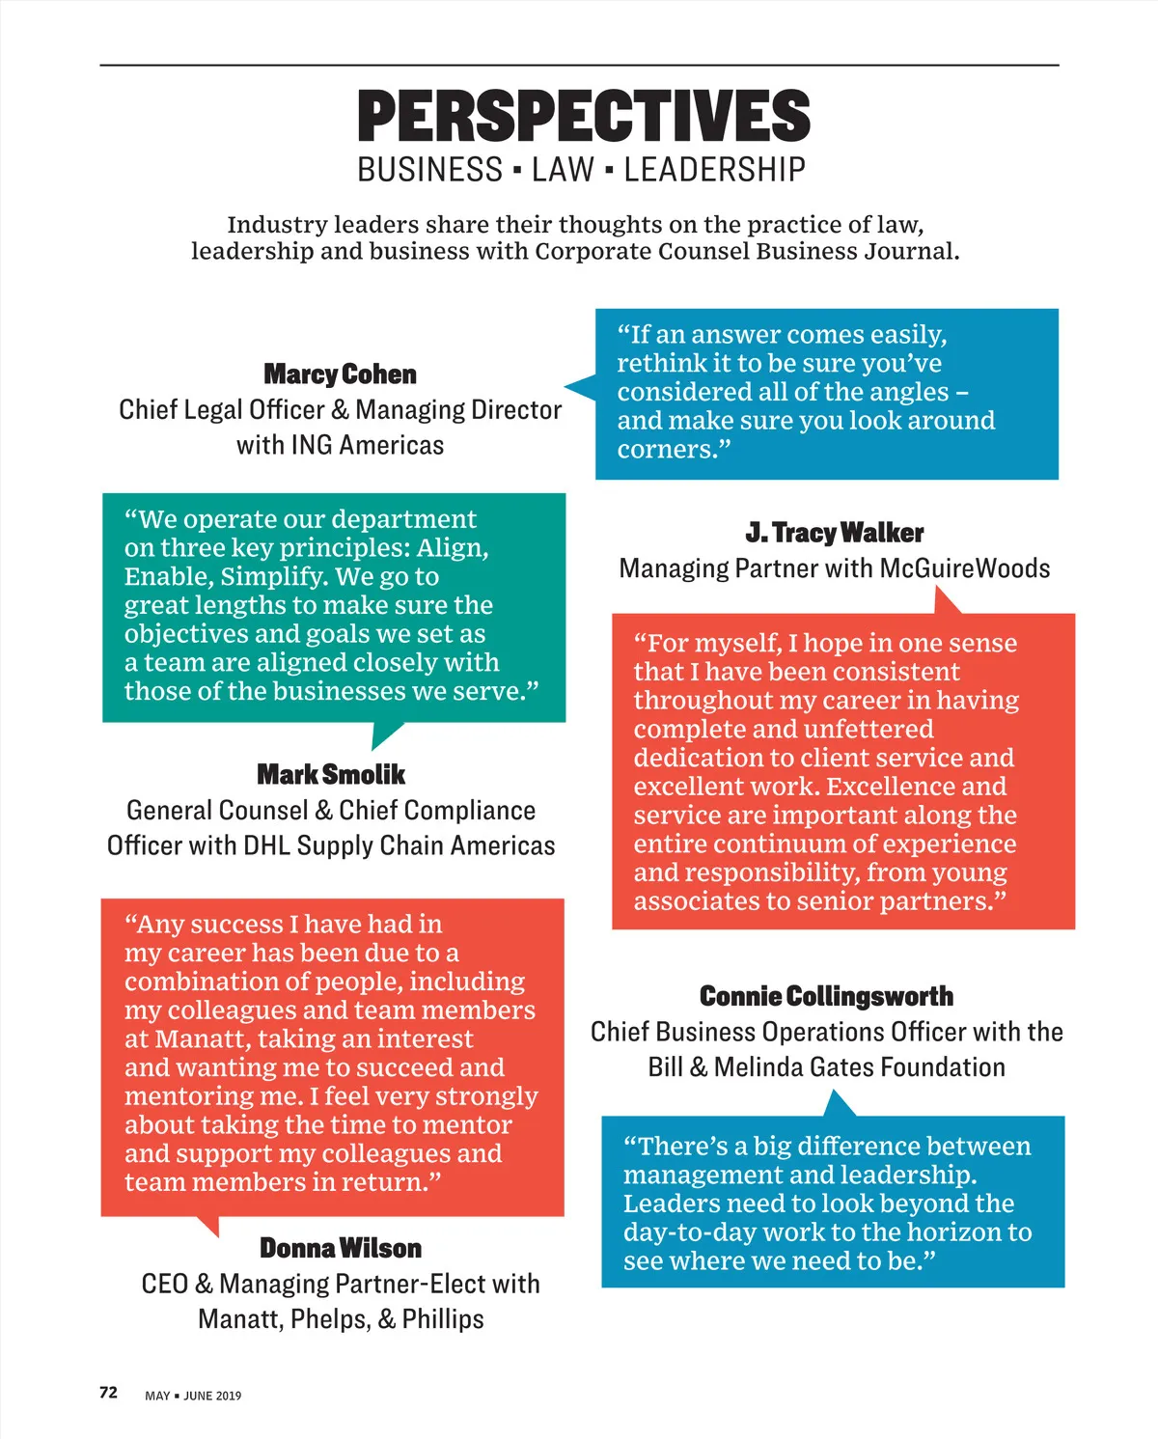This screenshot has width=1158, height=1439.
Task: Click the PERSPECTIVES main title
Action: point(583,117)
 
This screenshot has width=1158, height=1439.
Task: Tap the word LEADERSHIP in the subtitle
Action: point(714,171)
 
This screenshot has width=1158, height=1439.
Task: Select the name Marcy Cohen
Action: point(340,374)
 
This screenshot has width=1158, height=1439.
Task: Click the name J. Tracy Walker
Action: point(834,533)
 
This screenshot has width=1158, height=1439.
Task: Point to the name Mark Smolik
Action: point(331,775)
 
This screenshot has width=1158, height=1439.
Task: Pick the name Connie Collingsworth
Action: point(826,996)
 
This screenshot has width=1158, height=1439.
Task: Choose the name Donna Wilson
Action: point(341,1249)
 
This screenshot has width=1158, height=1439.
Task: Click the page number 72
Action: point(108,1393)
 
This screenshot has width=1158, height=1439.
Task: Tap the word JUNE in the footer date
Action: point(198,1396)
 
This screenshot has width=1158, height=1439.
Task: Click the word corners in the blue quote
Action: point(666,450)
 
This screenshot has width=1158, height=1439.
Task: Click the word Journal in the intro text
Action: point(910,252)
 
